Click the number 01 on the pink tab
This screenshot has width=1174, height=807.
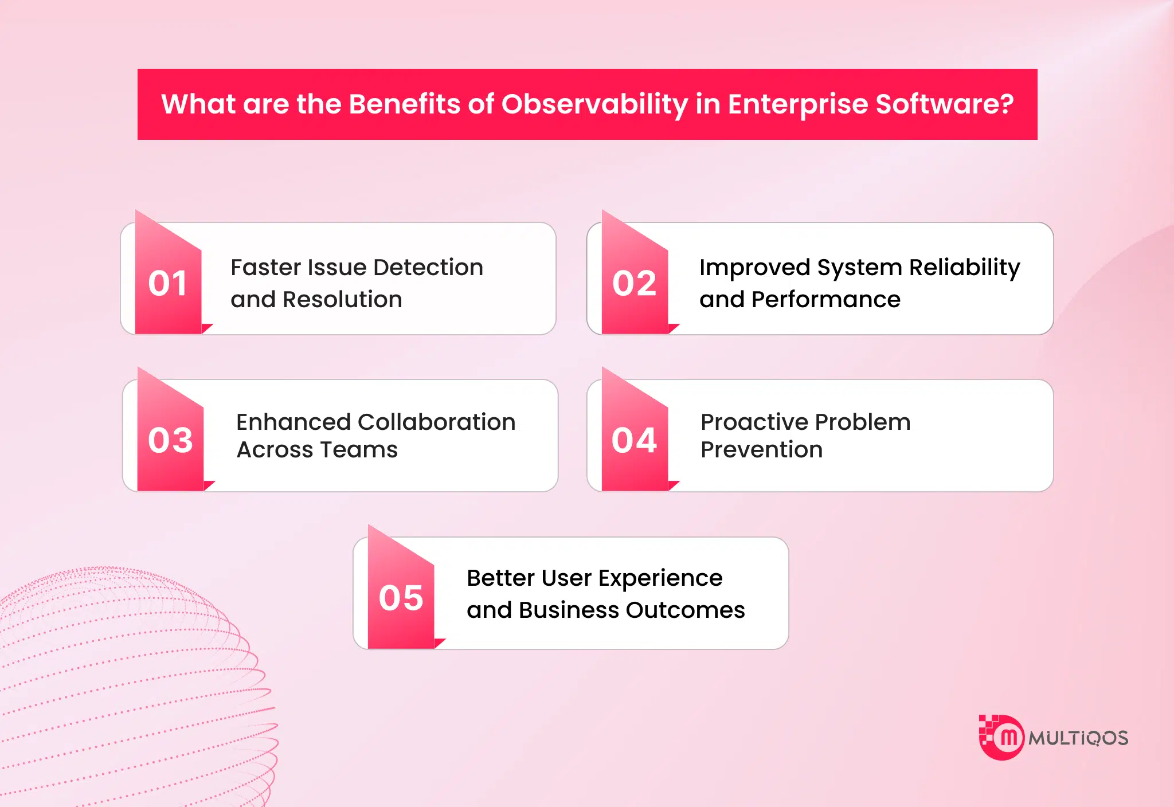pyautogui.click(x=167, y=283)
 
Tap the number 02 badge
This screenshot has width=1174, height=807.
pyautogui.click(x=634, y=283)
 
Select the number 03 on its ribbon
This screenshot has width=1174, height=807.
pyautogui.click(x=170, y=440)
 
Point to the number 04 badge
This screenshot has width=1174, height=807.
pyautogui.click(x=634, y=440)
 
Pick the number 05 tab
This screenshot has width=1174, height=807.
pyautogui.click(x=401, y=598)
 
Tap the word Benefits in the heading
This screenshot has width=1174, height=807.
pyautogui.click(x=404, y=104)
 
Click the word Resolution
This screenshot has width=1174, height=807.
pyautogui.click(x=342, y=300)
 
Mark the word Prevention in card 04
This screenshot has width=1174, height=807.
pyautogui.click(x=761, y=450)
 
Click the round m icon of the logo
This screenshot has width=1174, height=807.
pyautogui.click(x=1007, y=738)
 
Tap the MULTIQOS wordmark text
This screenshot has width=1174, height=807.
pyautogui.click(x=1078, y=738)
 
